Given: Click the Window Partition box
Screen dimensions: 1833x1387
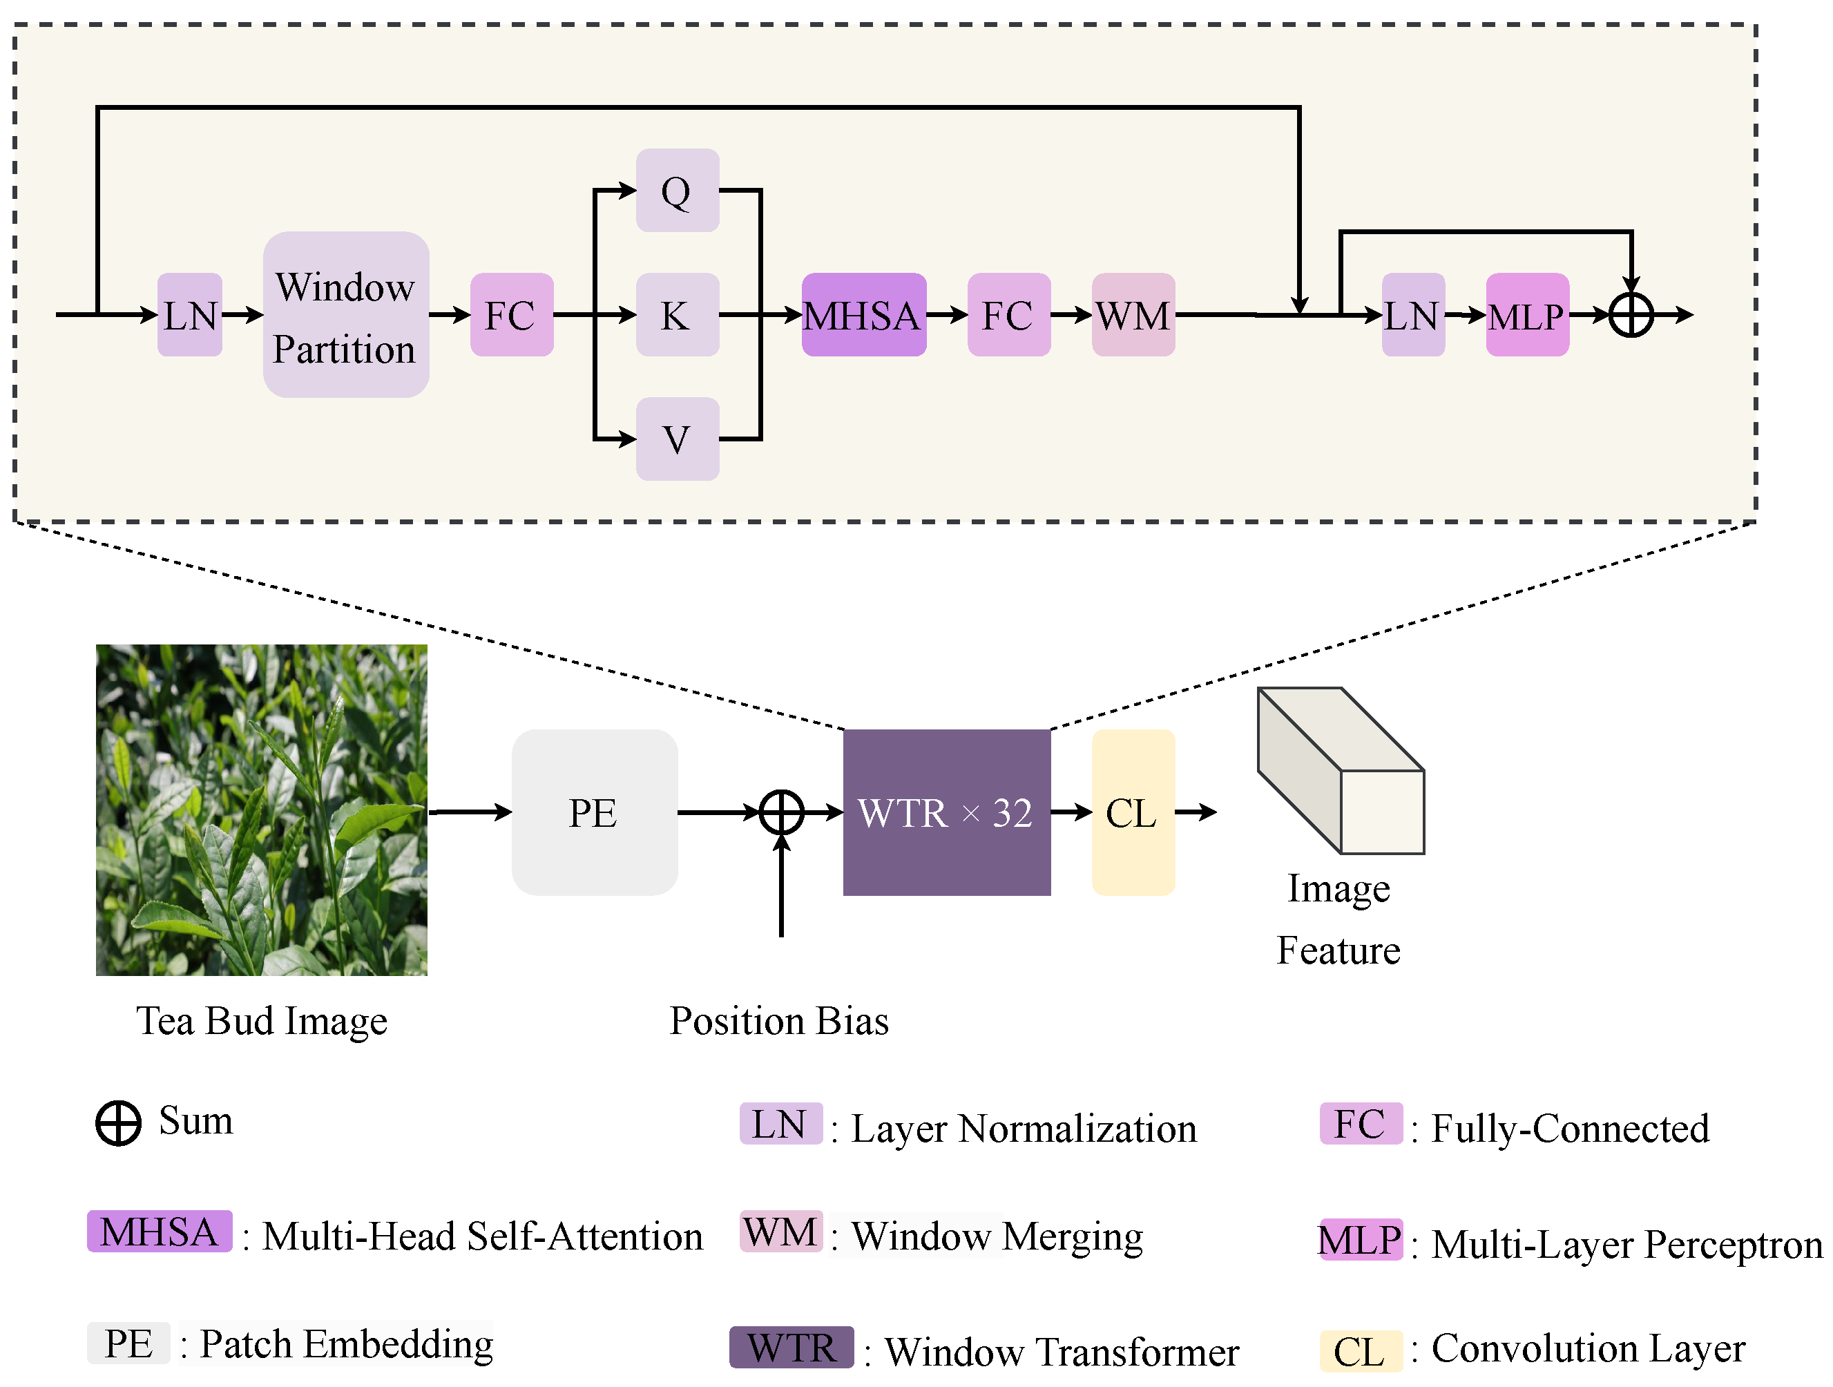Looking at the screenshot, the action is [x=345, y=315].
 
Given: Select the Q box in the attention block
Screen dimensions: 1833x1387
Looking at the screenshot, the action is [x=677, y=191].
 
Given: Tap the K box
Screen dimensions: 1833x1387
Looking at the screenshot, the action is [x=677, y=315].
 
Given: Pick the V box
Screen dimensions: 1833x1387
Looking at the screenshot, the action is [x=677, y=439].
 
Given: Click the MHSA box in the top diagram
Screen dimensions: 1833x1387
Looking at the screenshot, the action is [x=863, y=315].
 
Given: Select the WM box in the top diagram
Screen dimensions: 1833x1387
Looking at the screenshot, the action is [x=1133, y=315].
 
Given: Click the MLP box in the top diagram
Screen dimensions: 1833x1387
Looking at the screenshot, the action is [x=1527, y=315].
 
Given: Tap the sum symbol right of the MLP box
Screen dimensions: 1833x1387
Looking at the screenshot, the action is [x=1631, y=315].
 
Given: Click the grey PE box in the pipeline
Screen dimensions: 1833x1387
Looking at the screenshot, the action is [x=594, y=812].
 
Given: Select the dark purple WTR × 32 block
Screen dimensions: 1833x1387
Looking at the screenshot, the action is [x=946, y=812].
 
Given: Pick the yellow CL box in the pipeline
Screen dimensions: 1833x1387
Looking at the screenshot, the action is [x=1133, y=812].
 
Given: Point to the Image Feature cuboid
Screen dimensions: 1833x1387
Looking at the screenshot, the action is [x=1341, y=771].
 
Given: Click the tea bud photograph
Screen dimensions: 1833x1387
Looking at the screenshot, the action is [x=262, y=810].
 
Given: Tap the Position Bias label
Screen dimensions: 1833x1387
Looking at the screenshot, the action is [x=779, y=1021].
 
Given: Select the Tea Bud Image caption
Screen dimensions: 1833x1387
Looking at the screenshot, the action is [x=262, y=1022].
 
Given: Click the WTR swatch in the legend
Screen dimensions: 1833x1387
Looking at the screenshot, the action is [x=791, y=1347].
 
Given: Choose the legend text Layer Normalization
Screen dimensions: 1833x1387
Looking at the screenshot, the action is [x=1024, y=1129].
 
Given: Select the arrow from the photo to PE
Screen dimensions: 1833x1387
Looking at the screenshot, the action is [x=470, y=812].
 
